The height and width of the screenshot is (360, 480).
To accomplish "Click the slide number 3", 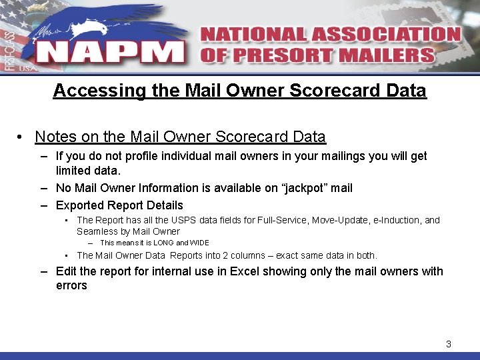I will click(449, 344).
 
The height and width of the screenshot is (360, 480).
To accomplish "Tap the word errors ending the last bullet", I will click(71, 285).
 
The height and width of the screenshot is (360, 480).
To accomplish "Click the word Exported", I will click(79, 205).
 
